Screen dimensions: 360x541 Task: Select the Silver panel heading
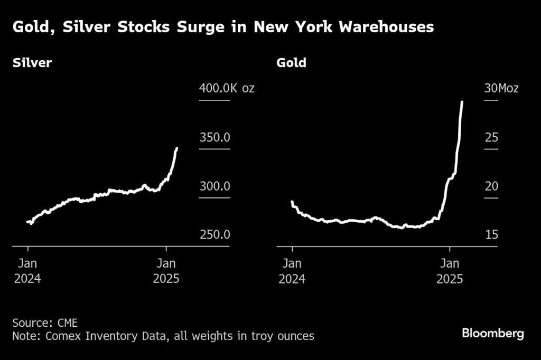click(x=32, y=63)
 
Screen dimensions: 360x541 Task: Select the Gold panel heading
click(x=291, y=63)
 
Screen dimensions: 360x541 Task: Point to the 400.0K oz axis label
click(x=227, y=88)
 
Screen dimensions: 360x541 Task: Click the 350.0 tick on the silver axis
click(x=214, y=138)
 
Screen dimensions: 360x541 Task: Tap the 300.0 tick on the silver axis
click(x=214, y=186)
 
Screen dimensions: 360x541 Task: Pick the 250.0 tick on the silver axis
click(x=214, y=235)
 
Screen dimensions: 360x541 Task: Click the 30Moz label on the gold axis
click(x=501, y=88)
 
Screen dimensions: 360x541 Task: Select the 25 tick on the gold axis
click(x=491, y=138)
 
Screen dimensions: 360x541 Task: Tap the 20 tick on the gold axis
click(x=491, y=186)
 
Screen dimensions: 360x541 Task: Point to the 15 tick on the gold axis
click(x=491, y=235)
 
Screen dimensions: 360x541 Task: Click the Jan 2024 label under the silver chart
click(x=27, y=271)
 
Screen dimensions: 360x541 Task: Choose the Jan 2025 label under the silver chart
click(x=166, y=271)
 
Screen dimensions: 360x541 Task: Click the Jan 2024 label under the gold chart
click(x=292, y=271)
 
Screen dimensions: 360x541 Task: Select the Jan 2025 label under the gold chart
click(x=450, y=271)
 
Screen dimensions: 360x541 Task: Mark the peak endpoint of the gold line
click(x=462, y=102)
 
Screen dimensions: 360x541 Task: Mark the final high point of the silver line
click(x=176, y=148)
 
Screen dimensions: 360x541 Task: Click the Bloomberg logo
click(x=492, y=334)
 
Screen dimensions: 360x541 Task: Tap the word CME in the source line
click(x=67, y=322)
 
